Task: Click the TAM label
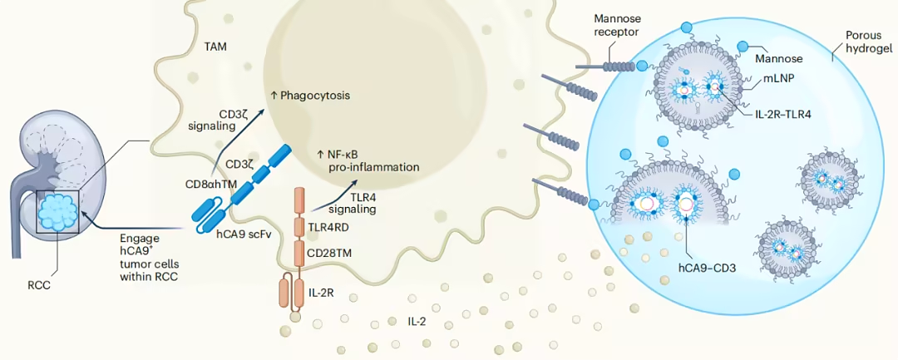[217, 47]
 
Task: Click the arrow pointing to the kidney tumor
[135, 223]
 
